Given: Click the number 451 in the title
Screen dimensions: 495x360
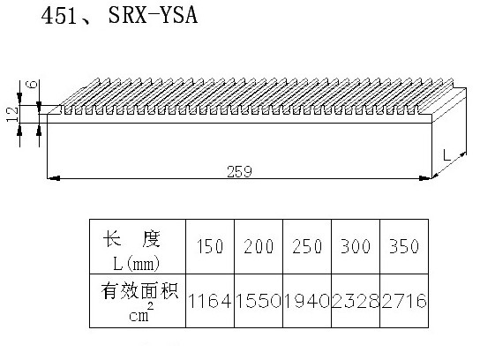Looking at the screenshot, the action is [59, 16].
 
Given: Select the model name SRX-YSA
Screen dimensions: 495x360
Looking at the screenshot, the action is [153, 15].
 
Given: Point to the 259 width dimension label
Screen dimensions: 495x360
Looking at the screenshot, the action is [239, 171].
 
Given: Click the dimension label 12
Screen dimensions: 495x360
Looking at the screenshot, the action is [13, 114].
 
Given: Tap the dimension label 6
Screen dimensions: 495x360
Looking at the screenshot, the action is [32, 85].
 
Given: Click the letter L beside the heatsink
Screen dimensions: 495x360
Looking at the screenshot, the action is [446, 155].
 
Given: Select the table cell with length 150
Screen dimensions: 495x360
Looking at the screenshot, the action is [210, 246].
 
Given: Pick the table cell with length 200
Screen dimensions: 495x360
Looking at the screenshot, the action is [259, 246].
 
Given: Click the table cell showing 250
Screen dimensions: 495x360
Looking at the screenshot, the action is [307, 246].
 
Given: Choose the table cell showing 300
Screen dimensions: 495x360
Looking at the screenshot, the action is [356, 246].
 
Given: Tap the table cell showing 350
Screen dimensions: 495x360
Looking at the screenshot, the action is [404, 246].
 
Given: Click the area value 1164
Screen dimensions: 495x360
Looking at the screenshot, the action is [210, 301].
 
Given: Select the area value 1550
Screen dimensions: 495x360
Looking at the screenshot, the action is [259, 301].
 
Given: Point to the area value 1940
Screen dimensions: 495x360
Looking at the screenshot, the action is [307, 301].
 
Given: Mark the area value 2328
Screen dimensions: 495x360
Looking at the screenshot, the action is [356, 301].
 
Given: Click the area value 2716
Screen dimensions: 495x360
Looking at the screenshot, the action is [404, 301].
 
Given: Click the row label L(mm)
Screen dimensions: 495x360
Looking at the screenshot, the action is [137, 264].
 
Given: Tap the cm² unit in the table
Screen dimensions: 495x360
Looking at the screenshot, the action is [141, 312].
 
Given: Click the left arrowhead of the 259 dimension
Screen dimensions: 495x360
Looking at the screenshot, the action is [53, 178].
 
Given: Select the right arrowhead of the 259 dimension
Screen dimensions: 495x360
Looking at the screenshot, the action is [425, 178].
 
